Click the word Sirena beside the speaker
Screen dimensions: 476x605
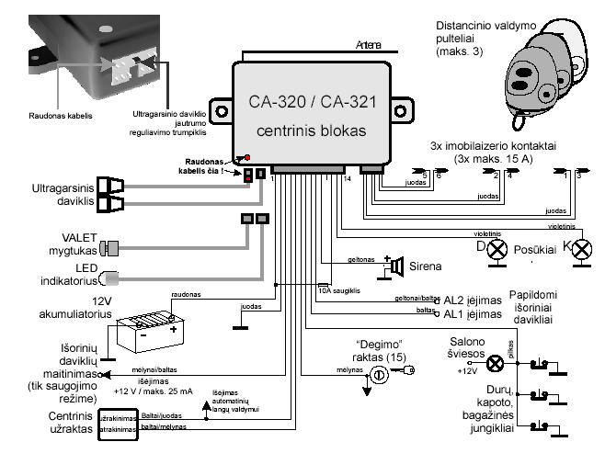click(426, 266)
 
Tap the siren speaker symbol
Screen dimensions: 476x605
click(397, 266)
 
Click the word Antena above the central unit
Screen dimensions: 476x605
click(369, 45)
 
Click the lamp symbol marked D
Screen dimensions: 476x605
click(497, 248)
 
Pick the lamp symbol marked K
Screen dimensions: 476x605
click(579, 248)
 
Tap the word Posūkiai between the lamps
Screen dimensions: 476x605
click(538, 247)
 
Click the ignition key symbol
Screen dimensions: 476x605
click(379, 375)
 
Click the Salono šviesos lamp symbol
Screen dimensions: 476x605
click(495, 364)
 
